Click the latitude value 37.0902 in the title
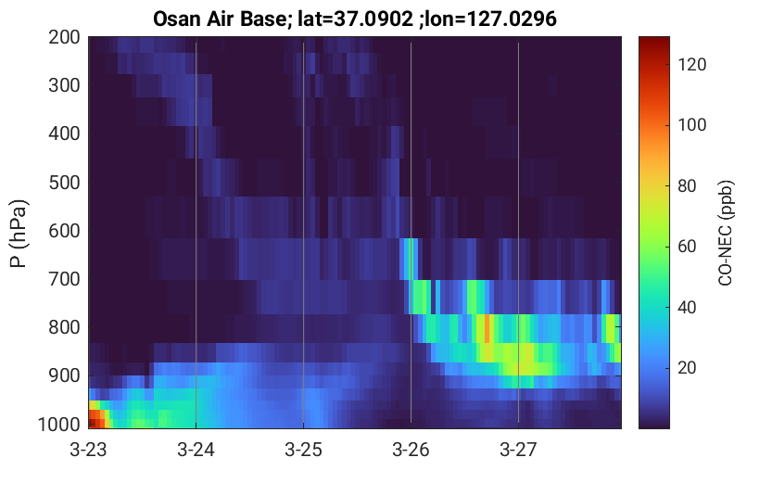373,19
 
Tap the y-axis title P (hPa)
19,234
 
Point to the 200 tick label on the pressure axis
64,37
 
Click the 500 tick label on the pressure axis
64,183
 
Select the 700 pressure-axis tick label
64,279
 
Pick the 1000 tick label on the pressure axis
59,425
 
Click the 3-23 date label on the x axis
88,450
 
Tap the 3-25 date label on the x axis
303,450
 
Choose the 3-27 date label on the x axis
518,450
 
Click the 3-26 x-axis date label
411,450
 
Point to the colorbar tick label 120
691,65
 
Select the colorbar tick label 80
688,186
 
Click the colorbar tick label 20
688,368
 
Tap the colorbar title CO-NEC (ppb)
726,233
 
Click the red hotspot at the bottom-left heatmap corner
97,419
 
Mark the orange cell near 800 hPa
487,328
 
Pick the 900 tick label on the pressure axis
64,375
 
